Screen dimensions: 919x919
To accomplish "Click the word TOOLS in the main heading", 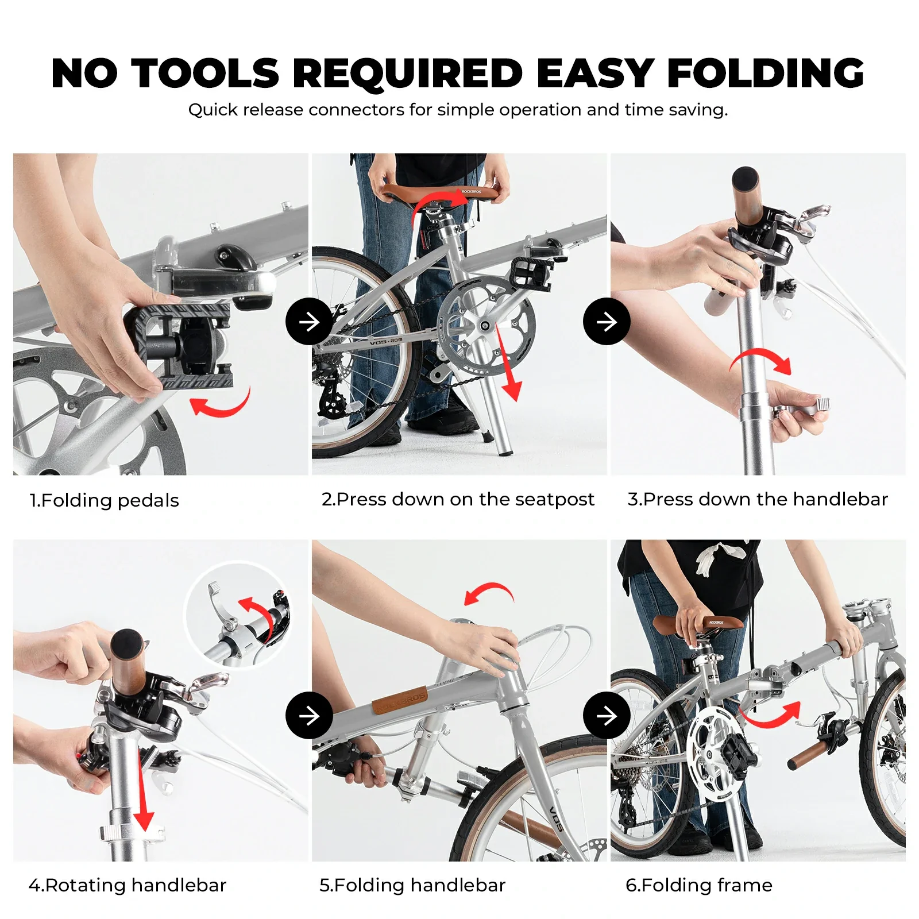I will [205, 74].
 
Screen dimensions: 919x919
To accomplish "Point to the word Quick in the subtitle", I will [213, 110].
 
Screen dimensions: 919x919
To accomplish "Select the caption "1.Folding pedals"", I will [104, 500].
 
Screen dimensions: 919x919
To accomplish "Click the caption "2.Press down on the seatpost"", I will [458, 499].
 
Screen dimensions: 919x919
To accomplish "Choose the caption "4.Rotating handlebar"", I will [128, 885].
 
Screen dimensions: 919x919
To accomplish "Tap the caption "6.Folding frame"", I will [699, 885].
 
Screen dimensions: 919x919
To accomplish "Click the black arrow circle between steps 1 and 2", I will [309, 322].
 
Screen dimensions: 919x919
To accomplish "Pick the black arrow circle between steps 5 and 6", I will [607, 715].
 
